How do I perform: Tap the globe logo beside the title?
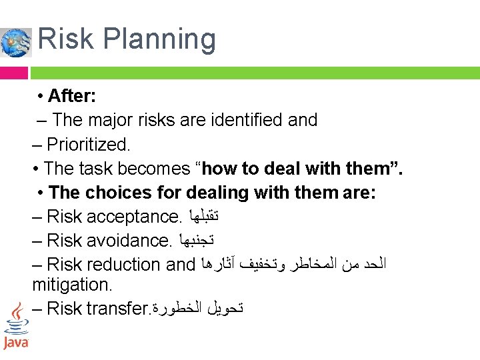tap(16, 42)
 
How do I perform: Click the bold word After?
tap(72, 96)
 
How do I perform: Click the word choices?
tap(113, 193)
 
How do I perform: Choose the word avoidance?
tap(130, 240)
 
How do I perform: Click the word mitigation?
tap(73, 285)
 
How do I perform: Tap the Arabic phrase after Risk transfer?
tap(197, 308)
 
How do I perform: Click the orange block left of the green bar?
tap(14, 72)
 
